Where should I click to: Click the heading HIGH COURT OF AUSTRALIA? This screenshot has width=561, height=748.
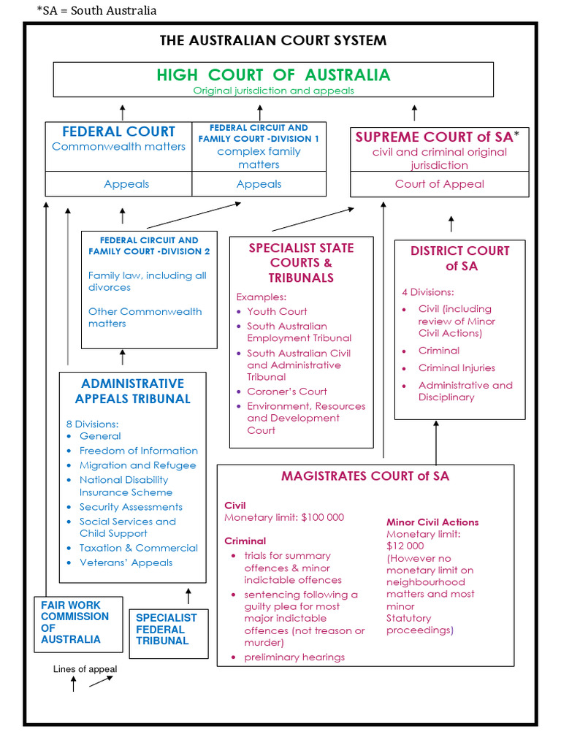(273, 75)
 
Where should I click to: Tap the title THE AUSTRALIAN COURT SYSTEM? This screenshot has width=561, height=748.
(273, 40)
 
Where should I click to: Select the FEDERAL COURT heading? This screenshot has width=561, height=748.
(118, 131)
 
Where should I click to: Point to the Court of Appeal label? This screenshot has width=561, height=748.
(439, 184)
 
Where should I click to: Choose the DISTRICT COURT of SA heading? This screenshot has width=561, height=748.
(459, 259)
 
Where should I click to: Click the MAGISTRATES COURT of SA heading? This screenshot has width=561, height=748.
(365, 476)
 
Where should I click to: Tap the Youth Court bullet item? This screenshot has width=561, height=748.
(277, 311)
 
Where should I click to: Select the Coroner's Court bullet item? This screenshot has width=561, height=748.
(286, 392)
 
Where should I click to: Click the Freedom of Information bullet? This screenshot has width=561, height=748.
(138, 451)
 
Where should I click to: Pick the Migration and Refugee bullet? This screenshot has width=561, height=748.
(137, 465)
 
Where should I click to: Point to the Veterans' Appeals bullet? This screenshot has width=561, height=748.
(126, 562)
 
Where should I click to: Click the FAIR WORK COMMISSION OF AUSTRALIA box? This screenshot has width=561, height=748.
(75, 622)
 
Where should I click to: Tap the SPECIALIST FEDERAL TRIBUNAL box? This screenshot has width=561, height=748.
(166, 629)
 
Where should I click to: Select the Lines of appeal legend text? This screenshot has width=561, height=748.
(85, 669)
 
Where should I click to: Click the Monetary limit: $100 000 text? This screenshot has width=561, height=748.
(283, 518)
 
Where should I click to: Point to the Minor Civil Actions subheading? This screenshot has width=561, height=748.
(432, 522)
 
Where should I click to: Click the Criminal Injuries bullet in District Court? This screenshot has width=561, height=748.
(457, 368)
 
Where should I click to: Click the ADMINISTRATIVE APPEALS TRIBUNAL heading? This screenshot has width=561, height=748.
(132, 391)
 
